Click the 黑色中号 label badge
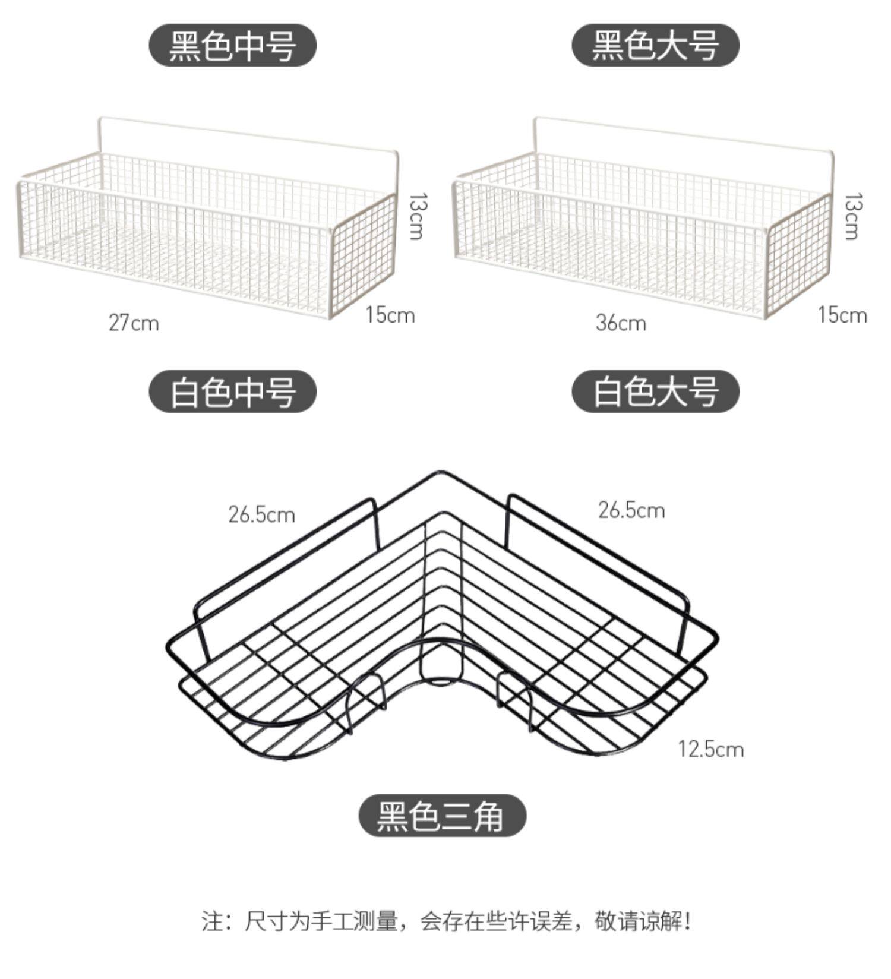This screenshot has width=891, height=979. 232,45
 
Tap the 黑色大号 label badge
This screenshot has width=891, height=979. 655,45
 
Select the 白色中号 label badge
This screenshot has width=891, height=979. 232,391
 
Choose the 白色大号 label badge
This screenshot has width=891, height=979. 655,391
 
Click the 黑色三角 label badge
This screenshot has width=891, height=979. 442,816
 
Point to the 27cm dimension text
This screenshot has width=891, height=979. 134,323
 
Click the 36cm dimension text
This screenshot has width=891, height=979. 621,323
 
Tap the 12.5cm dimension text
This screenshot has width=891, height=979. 711,749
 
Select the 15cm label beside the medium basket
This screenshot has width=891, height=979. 390,315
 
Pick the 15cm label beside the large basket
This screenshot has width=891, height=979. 842,315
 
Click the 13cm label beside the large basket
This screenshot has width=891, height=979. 852,216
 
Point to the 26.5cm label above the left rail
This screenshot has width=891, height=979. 261,514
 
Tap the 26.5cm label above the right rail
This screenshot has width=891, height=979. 631,510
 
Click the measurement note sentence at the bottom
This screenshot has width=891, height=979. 445,921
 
